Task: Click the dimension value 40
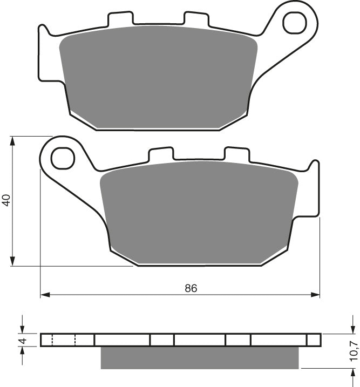pos(6,200)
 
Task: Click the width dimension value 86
pos(191,288)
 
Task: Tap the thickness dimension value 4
pos(22,340)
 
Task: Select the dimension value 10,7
pos(353,351)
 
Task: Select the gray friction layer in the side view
pos(200,356)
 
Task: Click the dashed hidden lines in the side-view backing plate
pos(63,340)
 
